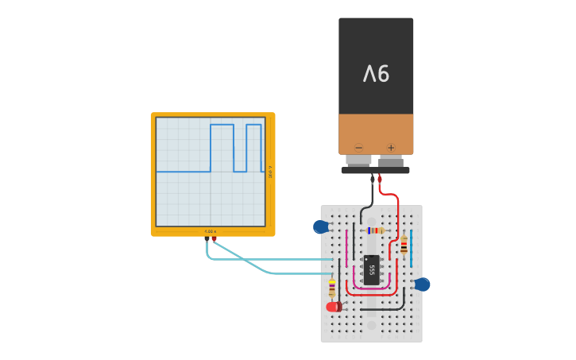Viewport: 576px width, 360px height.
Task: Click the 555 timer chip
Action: [371, 269]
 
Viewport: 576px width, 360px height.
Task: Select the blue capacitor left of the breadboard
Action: [321, 227]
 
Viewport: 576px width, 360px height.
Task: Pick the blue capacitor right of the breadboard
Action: [422, 285]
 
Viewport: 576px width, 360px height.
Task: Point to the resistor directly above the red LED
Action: [332, 288]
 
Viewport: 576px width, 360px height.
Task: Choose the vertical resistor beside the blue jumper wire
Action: [404, 246]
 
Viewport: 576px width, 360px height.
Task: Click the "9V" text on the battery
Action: [376, 74]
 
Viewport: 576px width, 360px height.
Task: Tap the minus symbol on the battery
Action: [359, 148]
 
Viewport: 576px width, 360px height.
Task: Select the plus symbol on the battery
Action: [391, 148]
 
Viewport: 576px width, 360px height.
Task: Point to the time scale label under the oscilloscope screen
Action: [211, 231]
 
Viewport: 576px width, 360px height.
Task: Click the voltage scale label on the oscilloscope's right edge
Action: [270, 172]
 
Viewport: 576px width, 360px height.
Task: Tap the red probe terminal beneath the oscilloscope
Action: [215, 238]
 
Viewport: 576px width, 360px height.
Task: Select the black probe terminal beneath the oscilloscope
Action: [207, 238]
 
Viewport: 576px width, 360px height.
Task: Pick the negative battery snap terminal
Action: [358, 161]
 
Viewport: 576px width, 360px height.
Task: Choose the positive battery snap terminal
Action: [391, 161]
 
